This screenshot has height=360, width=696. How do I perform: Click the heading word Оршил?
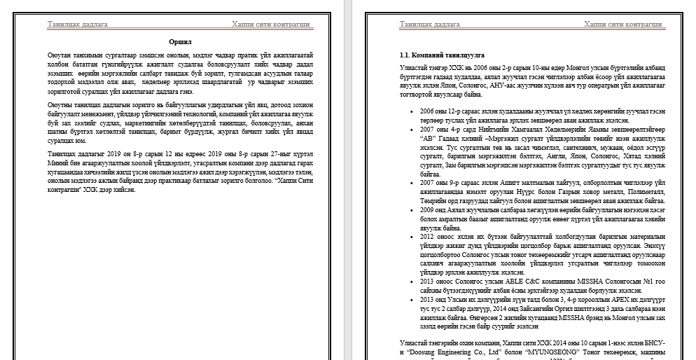(181, 42)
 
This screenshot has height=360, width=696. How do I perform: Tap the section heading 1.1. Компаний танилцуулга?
(441, 54)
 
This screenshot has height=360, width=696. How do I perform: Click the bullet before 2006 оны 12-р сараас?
(410, 111)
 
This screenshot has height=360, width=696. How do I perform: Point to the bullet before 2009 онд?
(410, 209)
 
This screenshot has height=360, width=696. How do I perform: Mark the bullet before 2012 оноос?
(410, 237)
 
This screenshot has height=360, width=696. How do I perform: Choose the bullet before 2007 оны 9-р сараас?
(410, 182)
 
